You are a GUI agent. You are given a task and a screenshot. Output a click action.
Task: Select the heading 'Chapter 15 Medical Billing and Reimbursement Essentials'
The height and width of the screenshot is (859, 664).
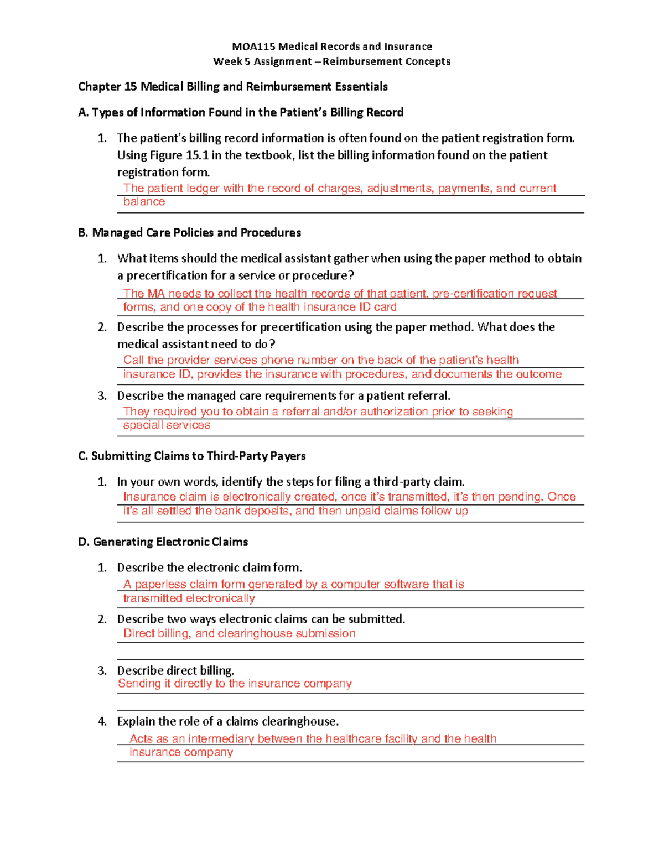[232, 86]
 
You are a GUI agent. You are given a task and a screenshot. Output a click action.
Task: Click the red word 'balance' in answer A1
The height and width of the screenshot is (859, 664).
[144, 202]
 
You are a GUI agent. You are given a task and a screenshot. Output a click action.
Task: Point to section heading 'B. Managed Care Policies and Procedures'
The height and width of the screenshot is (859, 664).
[190, 232]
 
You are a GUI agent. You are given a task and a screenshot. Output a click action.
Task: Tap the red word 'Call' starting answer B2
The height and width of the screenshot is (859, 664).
[133, 360]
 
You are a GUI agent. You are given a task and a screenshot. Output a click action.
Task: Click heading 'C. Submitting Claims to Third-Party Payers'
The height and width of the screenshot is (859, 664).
[192, 456]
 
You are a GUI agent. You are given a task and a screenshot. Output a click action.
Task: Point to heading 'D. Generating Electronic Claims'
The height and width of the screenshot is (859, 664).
[163, 542]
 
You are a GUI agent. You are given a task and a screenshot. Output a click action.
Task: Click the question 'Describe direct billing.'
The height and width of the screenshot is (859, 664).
[175, 670]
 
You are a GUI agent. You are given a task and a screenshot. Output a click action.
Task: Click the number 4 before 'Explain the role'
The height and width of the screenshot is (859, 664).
[102, 721]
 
